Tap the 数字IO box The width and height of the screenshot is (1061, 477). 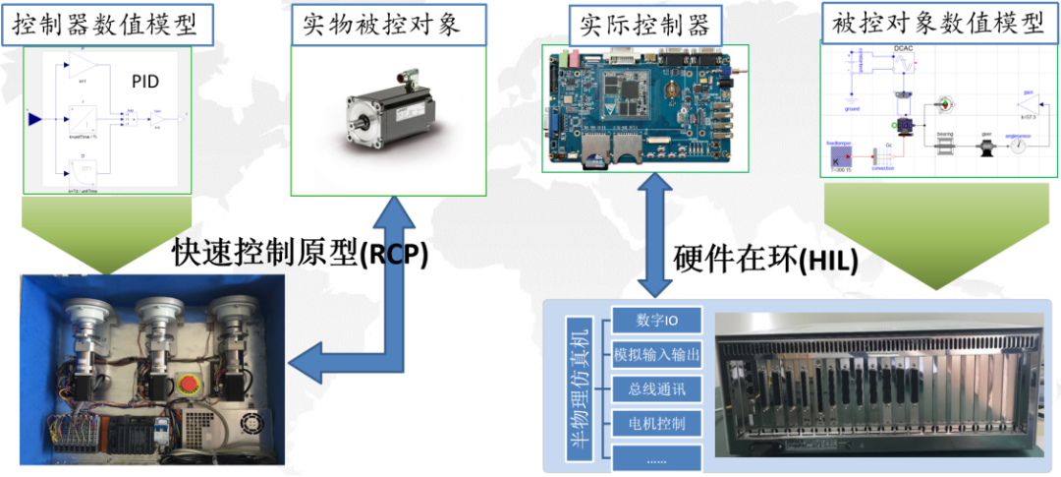point(656,320)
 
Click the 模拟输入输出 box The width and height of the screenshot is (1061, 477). point(656,354)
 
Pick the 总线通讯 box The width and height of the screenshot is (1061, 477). point(656,388)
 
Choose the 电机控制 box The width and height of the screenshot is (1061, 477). point(656,423)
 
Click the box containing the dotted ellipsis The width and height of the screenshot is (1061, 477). point(656,456)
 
